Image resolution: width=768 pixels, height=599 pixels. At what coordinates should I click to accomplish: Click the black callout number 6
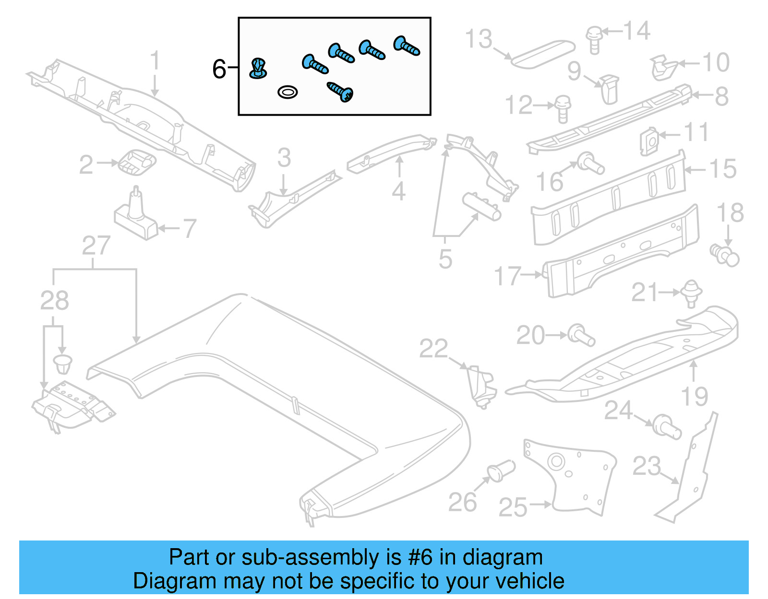pyautogui.click(x=219, y=69)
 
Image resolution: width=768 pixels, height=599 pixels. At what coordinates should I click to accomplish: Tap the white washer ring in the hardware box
pyautogui.click(x=288, y=92)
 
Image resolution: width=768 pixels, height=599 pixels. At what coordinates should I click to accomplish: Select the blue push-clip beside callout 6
pyautogui.click(x=258, y=68)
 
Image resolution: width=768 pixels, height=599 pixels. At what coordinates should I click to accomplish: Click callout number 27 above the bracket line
pyautogui.click(x=96, y=246)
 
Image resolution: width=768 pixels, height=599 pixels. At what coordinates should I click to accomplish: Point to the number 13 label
pyautogui.click(x=479, y=39)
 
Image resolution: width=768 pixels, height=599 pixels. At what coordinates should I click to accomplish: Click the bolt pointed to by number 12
pyautogui.click(x=563, y=108)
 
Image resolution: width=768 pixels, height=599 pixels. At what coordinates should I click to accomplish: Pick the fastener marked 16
pyautogui.click(x=590, y=163)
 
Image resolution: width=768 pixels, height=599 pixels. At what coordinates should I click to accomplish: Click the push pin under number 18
pyautogui.click(x=725, y=255)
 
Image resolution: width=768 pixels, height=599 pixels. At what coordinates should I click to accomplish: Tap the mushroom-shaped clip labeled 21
pyautogui.click(x=691, y=292)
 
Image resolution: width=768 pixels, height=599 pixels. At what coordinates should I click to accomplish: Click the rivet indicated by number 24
pyautogui.click(x=667, y=426)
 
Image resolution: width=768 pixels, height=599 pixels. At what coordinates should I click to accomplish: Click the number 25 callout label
pyautogui.click(x=513, y=507)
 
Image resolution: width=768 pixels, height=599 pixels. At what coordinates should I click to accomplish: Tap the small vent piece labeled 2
pyautogui.click(x=137, y=162)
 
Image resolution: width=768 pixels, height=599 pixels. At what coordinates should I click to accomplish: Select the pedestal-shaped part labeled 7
pyautogui.click(x=136, y=217)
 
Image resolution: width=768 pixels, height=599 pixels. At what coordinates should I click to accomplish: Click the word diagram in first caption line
pyautogui.click(x=503, y=558)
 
